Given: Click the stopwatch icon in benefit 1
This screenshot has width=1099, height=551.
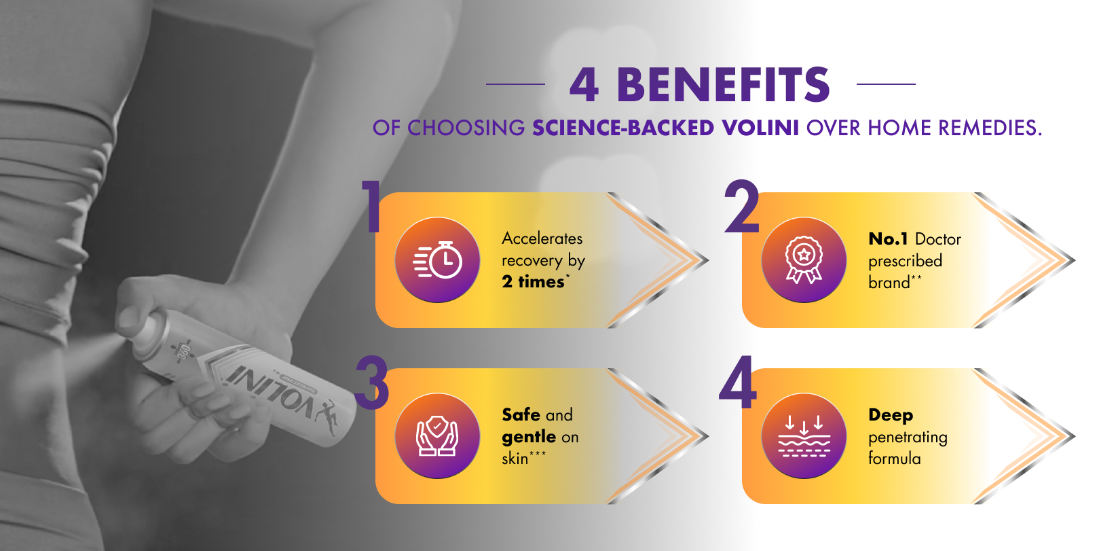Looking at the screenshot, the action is click(x=437, y=260).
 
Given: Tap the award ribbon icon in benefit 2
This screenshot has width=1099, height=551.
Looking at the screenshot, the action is click(x=804, y=260).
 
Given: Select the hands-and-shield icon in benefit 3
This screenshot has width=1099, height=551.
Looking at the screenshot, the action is click(x=437, y=436).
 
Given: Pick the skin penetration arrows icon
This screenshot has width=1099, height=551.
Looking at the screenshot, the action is click(x=804, y=436).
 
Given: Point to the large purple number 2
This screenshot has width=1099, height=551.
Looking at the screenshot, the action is click(x=741, y=207).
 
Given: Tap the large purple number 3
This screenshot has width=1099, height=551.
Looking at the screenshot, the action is click(x=371, y=383).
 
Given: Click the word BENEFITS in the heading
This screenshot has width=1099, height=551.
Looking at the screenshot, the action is click(x=723, y=84).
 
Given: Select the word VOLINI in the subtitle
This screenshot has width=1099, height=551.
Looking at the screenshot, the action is click(x=760, y=128).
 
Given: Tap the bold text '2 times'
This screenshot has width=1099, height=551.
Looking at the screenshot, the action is click(x=533, y=282).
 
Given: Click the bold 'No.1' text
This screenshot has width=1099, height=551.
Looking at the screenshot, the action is click(x=888, y=239).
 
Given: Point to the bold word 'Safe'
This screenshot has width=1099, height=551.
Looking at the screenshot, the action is click(x=521, y=414).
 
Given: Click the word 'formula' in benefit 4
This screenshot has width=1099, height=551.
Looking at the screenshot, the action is click(x=895, y=458).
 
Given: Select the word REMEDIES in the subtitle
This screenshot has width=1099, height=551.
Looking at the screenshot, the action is click(x=990, y=128).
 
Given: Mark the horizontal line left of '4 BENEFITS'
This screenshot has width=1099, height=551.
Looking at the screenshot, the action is click(x=515, y=84).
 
